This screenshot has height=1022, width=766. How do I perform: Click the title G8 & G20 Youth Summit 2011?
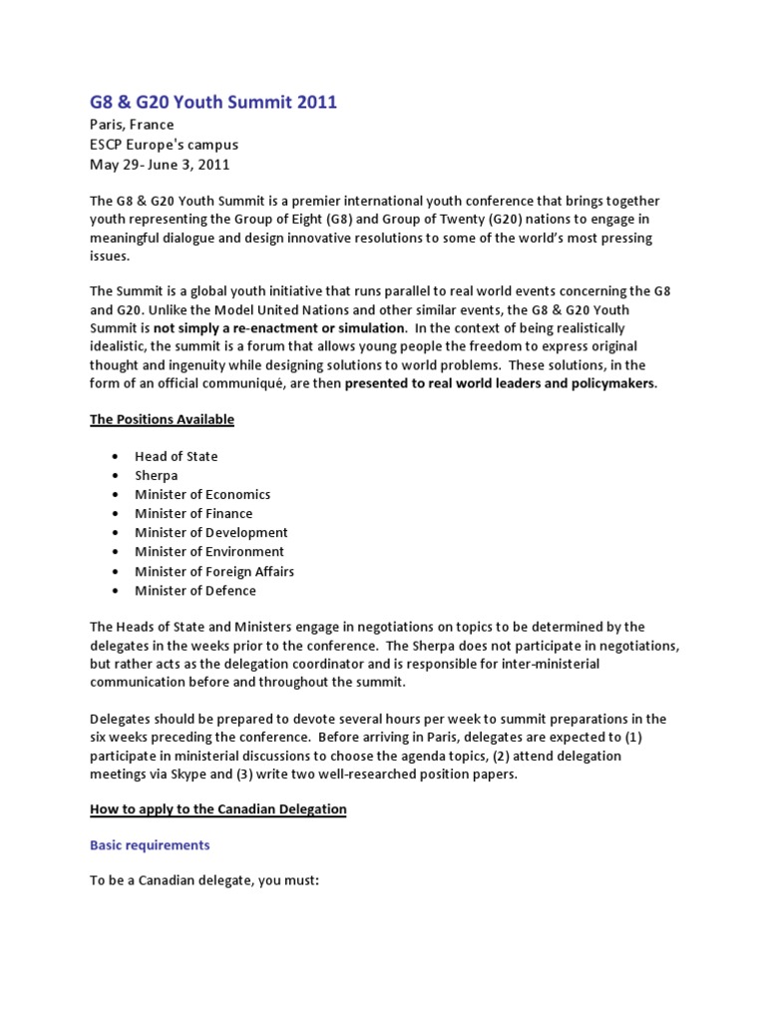[213, 102]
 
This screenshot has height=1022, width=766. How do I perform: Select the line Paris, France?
[132, 125]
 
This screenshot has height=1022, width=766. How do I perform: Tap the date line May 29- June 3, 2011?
[160, 165]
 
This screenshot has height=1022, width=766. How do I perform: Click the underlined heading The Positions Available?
[162, 419]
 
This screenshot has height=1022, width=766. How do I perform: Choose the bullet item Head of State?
[176, 456]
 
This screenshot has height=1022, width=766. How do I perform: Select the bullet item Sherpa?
[156, 475]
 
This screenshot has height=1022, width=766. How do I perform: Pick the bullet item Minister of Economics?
[202, 494]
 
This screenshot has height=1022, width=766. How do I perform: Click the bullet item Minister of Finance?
[193, 513]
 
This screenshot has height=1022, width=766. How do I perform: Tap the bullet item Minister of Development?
[211, 532]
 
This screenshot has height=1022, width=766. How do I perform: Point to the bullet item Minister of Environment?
[209, 551]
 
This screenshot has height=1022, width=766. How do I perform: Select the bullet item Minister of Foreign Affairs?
[214, 571]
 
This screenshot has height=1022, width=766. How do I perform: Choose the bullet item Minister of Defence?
[195, 590]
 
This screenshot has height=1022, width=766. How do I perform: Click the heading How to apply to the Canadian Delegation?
[217, 809]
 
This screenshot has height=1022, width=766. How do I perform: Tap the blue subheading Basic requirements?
[150, 845]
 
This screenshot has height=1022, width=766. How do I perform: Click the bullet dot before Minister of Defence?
[116, 591]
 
